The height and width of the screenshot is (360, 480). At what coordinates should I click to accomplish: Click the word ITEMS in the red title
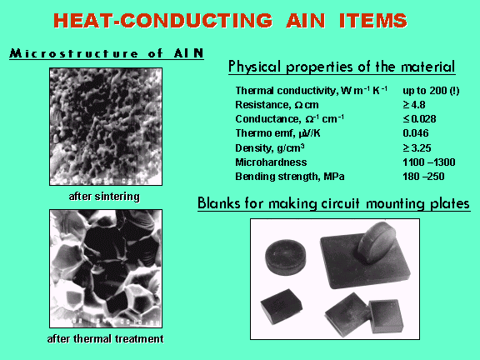pyautogui.click(x=373, y=21)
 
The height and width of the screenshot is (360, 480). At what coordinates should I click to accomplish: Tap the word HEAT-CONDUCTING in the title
pyautogui.click(x=162, y=21)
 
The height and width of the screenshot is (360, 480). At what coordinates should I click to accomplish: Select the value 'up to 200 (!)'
pyautogui.click(x=431, y=91)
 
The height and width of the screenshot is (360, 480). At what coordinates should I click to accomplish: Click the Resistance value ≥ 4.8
pyautogui.click(x=414, y=105)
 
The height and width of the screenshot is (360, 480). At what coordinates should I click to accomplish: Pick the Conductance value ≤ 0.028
pyautogui.click(x=419, y=119)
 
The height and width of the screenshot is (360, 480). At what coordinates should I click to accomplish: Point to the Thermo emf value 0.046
pyautogui.click(x=415, y=133)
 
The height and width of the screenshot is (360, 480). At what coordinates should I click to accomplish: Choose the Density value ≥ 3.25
pyautogui.click(x=417, y=148)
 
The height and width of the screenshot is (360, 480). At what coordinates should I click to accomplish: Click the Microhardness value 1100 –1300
pyautogui.click(x=429, y=162)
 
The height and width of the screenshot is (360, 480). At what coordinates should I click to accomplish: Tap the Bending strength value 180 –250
pyautogui.click(x=423, y=177)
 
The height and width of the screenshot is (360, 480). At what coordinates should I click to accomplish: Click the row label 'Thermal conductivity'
pyautogui.click(x=286, y=91)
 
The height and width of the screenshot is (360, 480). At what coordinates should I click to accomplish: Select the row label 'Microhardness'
pyautogui.click(x=271, y=162)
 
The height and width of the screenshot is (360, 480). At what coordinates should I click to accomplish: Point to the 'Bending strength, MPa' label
pyautogui.click(x=290, y=177)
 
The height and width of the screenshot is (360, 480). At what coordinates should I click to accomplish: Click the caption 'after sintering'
pyautogui.click(x=104, y=196)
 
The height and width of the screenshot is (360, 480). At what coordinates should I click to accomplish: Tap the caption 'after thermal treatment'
pyautogui.click(x=105, y=339)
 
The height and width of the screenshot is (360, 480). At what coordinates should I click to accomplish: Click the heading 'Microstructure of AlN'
pyautogui.click(x=107, y=53)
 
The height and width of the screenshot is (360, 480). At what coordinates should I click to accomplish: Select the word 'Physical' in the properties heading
pyautogui.click(x=254, y=67)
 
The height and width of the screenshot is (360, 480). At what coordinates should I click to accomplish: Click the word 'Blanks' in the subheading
pyautogui.click(x=218, y=203)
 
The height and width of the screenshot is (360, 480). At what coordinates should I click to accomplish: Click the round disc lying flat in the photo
pyautogui.click(x=285, y=257)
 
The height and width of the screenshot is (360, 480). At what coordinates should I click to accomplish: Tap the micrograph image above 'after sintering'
pyautogui.click(x=106, y=127)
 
